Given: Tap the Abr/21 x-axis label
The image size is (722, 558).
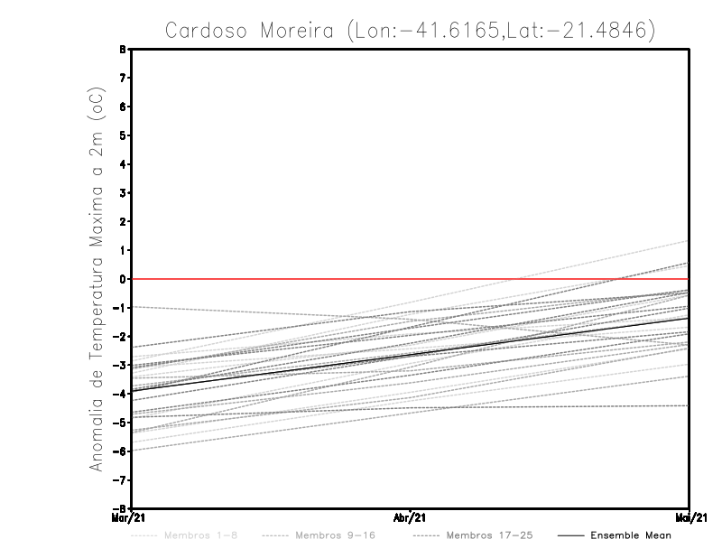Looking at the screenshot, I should click(411, 517).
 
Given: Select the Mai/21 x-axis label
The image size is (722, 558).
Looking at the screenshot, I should click(690, 517).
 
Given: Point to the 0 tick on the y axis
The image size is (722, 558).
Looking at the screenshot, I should click(123, 279).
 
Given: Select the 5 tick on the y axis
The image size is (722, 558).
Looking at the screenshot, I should click(123, 135).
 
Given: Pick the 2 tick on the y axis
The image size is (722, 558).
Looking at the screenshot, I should click(123, 221).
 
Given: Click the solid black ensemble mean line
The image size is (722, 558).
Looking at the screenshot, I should click(411, 354).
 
